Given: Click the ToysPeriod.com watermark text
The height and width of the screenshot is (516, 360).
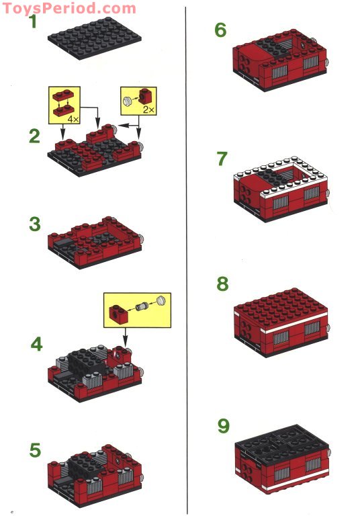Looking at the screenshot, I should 68,8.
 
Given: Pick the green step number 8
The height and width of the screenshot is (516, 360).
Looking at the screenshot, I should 222,284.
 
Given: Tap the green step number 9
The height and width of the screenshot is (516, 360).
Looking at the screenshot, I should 223,425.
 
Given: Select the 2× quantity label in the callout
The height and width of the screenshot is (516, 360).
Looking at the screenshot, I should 148,107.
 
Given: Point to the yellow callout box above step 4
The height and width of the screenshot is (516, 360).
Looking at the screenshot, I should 137,310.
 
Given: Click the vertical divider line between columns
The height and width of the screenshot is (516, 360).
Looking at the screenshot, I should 185,258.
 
